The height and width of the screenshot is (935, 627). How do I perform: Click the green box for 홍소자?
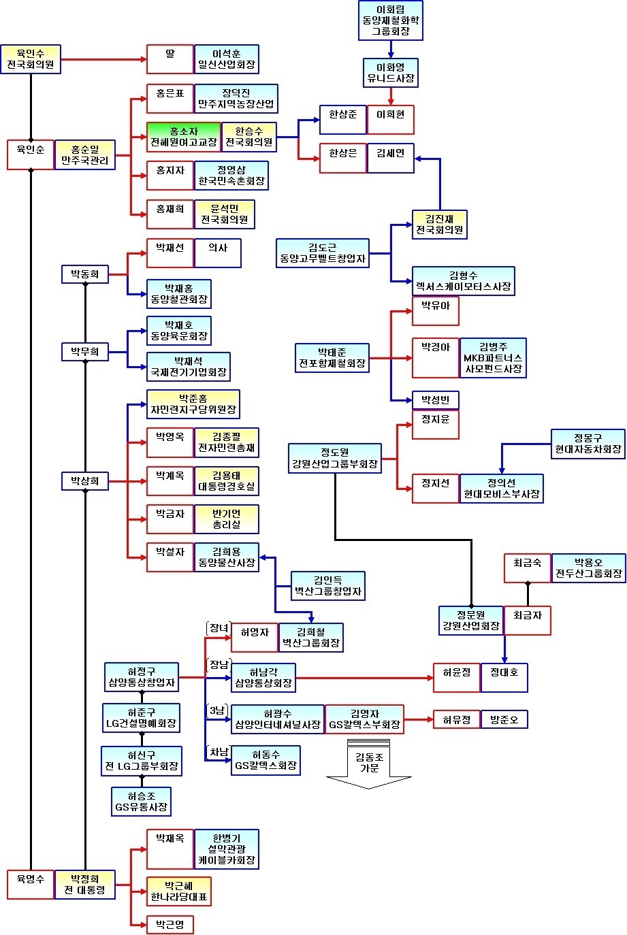click(x=183, y=137)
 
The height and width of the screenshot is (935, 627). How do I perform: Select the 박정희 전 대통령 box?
click(x=85, y=885)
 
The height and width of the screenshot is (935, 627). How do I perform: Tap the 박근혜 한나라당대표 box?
click(x=179, y=891)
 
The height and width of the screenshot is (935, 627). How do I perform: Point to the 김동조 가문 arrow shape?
click(x=368, y=764)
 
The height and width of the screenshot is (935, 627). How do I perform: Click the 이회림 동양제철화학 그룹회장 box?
click(x=391, y=20)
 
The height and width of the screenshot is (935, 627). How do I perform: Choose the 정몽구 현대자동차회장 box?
click(x=588, y=444)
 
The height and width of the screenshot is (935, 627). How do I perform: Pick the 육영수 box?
click(x=31, y=885)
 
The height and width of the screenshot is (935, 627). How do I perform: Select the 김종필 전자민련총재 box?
click(x=227, y=442)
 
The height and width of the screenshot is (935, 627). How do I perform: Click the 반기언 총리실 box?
click(x=227, y=519)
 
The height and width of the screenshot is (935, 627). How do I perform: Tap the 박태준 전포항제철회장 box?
click(x=332, y=358)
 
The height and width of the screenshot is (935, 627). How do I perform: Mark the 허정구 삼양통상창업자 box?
click(x=142, y=677)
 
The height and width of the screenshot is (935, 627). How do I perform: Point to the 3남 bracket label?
click(x=218, y=711)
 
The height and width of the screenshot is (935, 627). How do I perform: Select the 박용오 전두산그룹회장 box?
click(x=589, y=568)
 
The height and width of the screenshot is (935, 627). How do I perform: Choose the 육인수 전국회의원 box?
click(x=31, y=59)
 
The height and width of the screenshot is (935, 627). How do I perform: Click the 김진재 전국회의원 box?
click(x=439, y=225)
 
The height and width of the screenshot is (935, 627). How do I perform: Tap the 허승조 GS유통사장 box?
click(x=141, y=802)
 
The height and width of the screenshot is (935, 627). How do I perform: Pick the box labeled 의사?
click(x=218, y=253)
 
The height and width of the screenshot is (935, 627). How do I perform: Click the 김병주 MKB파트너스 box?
click(x=493, y=358)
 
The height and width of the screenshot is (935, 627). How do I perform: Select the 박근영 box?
click(x=170, y=925)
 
